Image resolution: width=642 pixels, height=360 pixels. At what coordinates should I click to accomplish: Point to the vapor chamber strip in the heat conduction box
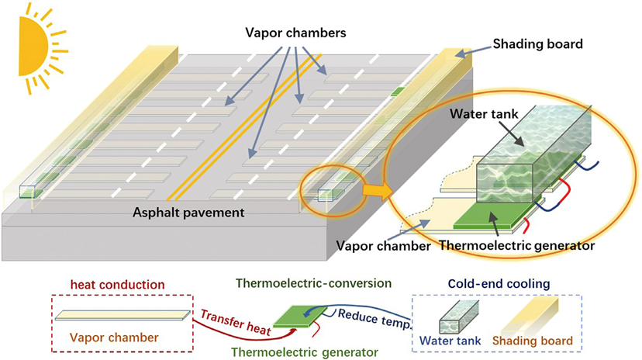point(122,314)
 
